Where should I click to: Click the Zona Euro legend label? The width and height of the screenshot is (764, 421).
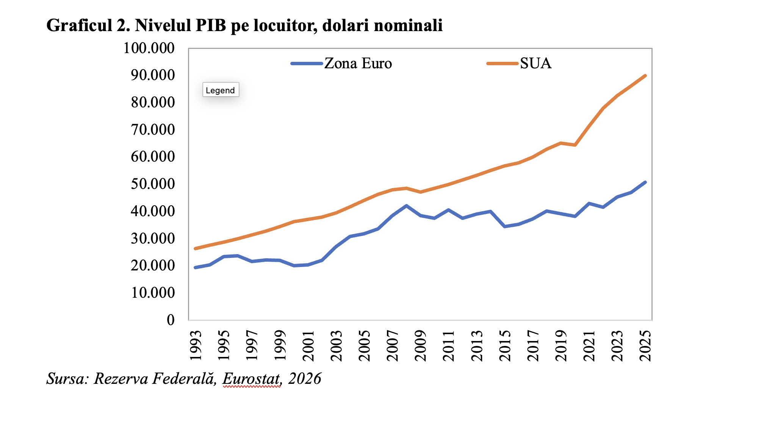click(358, 63)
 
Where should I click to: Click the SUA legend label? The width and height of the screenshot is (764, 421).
click(535, 63)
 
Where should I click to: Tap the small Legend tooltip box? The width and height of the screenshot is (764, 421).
click(221, 90)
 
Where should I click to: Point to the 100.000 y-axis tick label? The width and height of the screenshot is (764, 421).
click(149, 48)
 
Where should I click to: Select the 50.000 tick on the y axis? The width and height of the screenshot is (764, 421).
click(153, 184)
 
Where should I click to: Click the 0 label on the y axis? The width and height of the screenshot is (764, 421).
click(171, 320)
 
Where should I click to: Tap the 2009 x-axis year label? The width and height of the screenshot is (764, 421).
click(421, 345)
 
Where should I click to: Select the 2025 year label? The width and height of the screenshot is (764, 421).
click(645, 345)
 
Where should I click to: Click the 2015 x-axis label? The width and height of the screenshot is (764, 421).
click(505, 345)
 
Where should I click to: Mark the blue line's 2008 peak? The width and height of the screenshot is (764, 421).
click(406, 206)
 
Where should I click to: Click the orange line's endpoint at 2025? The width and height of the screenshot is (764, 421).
click(645, 75)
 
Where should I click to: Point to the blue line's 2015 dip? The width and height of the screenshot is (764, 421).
click(504, 226)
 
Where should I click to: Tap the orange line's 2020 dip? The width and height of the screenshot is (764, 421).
click(575, 145)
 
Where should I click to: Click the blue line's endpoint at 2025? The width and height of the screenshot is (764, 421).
click(645, 182)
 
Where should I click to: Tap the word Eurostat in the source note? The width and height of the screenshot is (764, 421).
click(252, 379)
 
